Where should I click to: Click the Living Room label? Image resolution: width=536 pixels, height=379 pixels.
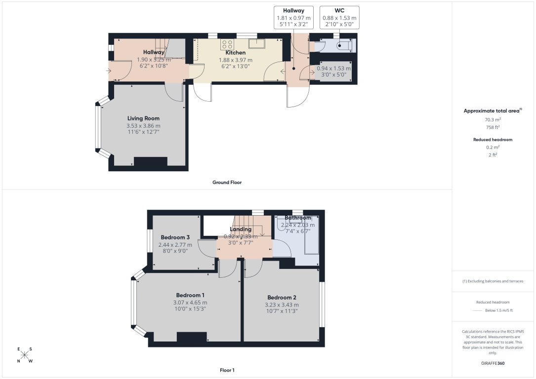pos(143,118)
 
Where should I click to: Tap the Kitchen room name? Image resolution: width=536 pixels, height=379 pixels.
pos(235,53)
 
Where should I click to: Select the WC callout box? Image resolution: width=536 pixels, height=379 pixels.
pos(339,17)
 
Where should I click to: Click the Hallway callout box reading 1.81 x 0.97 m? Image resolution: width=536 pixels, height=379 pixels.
pos(293,17)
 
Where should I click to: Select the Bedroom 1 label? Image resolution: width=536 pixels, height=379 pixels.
pos(190,296)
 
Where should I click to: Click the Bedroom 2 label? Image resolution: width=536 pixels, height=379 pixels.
pos(282,298)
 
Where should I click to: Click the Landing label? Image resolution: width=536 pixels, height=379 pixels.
pos(241,229)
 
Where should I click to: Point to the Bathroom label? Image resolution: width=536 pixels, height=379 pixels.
pos(297,218)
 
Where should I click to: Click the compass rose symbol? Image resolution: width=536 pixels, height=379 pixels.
pos(25,355)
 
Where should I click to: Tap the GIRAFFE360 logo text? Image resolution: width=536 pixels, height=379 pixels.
pos(493,363)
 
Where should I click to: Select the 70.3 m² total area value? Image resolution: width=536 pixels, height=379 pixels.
pos(493,119)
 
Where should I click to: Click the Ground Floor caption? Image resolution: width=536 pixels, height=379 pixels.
pos(227,183)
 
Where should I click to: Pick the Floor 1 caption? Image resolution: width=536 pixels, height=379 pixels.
pos(227,370)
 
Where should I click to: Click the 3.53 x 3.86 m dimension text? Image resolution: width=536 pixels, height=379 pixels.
pos(143,126)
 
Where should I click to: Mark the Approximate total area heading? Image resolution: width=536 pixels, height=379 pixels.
pos(492,111)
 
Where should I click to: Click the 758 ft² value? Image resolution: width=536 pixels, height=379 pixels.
pos(493,127)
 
